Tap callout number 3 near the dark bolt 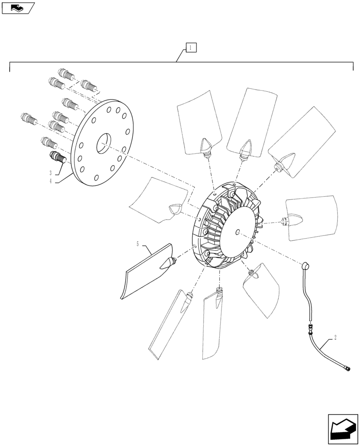51,172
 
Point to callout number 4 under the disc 51,181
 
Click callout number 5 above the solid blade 138,244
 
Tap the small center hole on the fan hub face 237,231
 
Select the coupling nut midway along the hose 309,330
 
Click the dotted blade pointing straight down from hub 213,326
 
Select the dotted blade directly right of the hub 312,217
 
